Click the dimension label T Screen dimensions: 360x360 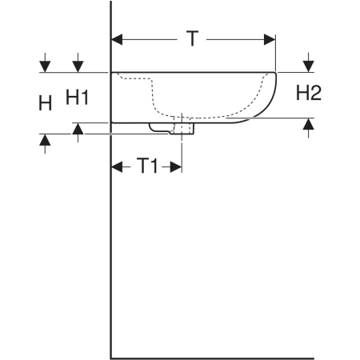[192, 38]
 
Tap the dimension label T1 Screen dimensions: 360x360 [147, 166]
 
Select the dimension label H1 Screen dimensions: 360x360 [77, 97]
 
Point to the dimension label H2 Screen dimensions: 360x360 [309, 93]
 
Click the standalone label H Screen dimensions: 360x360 [46, 103]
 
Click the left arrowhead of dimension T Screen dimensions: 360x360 [117, 40]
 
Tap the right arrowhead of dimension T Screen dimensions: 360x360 [270, 40]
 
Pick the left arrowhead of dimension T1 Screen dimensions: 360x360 [117, 167]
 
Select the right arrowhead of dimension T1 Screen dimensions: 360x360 [176, 167]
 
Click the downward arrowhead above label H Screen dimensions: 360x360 [45, 66]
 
